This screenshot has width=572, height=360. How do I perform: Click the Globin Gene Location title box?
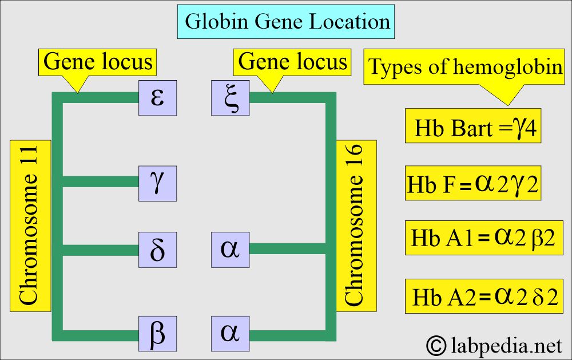[287, 22]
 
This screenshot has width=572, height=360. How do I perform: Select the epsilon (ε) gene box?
[157, 97]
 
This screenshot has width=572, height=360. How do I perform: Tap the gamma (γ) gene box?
[157, 182]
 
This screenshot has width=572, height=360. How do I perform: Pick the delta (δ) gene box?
[157, 250]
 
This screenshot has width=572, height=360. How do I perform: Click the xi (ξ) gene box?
[230, 97]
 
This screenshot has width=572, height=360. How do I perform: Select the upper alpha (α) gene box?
[230, 250]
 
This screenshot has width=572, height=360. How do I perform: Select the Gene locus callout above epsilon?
[98, 62]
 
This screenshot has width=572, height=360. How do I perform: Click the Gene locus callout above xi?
[292, 62]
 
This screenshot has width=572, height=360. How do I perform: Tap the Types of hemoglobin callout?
[464, 68]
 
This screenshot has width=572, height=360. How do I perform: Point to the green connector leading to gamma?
[100, 182]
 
